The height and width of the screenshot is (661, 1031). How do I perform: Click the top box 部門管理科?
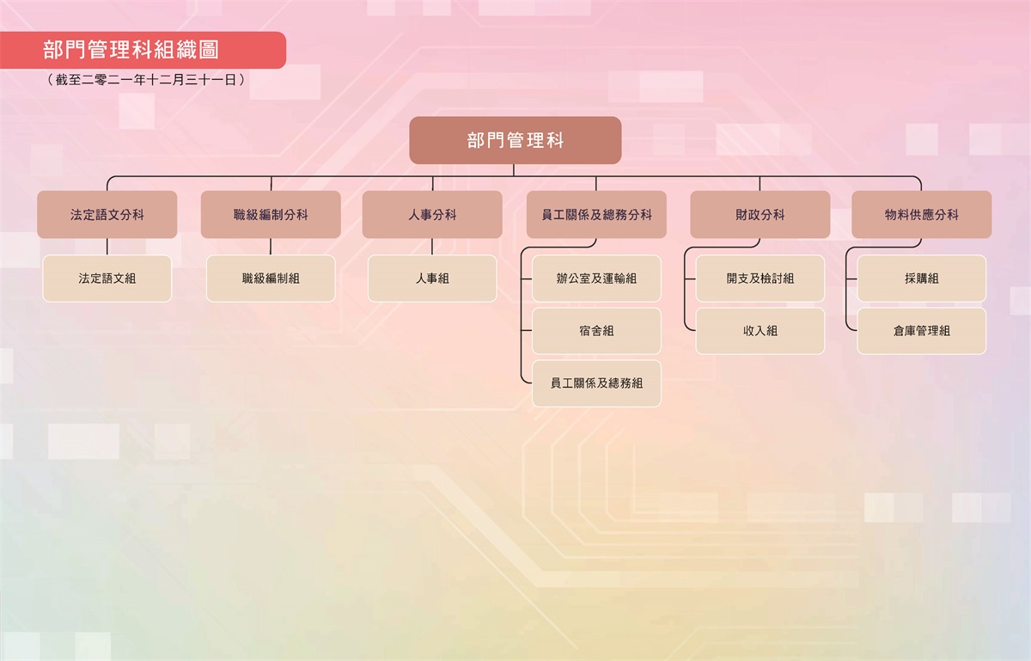pyautogui.click(x=515, y=140)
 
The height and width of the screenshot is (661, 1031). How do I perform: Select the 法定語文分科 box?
pyautogui.click(x=107, y=215)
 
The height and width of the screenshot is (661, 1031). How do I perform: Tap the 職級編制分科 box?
pyautogui.click(x=271, y=215)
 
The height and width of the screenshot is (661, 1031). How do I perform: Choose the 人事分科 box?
pyautogui.click(x=432, y=215)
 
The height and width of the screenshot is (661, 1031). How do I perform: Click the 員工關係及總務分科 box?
pyautogui.click(x=596, y=215)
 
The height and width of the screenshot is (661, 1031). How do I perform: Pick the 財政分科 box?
pyautogui.click(x=760, y=215)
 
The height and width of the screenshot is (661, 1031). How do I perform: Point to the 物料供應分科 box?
pyautogui.click(x=921, y=215)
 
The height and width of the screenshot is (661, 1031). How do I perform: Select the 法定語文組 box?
pyautogui.click(x=107, y=278)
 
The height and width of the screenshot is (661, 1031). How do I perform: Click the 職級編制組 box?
pyautogui.click(x=271, y=278)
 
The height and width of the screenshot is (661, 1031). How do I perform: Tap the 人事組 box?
pyautogui.click(x=432, y=278)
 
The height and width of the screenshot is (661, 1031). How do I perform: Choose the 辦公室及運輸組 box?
pyautogui.click(x=596, y=278)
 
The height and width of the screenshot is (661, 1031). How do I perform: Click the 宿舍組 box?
pyautogui.click(x=596, y=331)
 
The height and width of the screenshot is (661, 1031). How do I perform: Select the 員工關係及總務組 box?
pyautogui.click(x=596, y=383)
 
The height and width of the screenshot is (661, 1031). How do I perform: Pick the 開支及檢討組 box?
pyautogui.click(x=760, y=278)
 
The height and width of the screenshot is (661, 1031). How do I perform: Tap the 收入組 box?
pyautogui.click(x=760, y=331)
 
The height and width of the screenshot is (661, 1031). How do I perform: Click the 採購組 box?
pyautogui.click(x=921, y=278)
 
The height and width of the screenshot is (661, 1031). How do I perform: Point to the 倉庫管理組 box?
pyautogui.click(x=921, y=331)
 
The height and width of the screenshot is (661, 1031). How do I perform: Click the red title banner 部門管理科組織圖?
pyautogui.click(x=143, y=50)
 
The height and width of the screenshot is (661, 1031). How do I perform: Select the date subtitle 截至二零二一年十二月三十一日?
pyautogui.click(x=146, y=80)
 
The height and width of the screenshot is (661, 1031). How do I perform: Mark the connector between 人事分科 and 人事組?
pyautogui.click(x=432, y=247)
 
